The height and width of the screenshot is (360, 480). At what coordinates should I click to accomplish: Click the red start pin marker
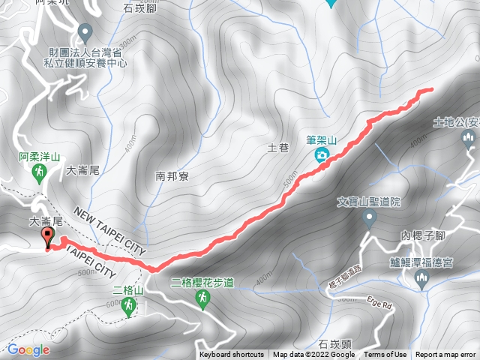point(49,238)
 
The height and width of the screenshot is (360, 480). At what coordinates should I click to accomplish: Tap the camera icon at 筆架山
point(322,155)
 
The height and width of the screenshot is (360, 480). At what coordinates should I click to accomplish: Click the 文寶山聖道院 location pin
point(369,218)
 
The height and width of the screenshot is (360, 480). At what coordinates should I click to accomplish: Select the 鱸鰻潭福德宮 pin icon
point(421,280)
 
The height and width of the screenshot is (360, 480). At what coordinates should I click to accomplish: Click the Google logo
point(28,349)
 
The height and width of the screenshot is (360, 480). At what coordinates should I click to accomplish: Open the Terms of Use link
point(385,355)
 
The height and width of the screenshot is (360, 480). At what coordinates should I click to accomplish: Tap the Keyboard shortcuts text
point(232,355)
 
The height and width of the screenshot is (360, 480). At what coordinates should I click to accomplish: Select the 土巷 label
point(278,148)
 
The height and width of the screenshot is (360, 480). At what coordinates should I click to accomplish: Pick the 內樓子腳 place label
point(423,235)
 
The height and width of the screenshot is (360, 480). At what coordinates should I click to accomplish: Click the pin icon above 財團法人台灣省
point(85,32)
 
